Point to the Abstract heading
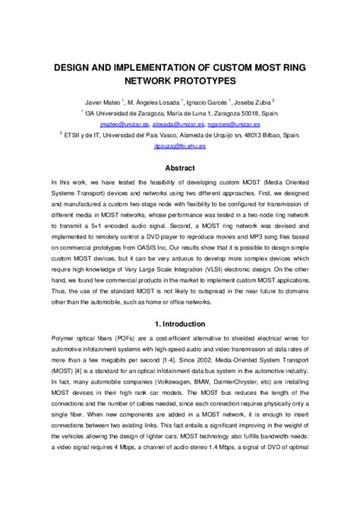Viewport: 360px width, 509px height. [x=180, y=168]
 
